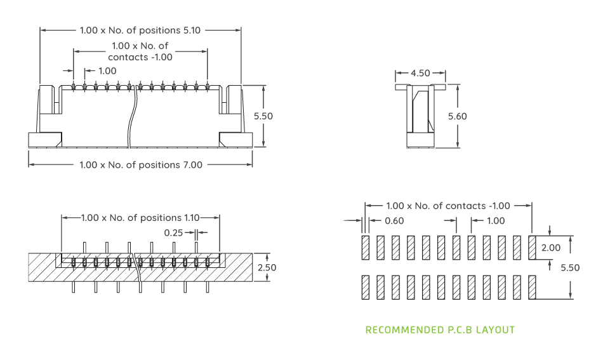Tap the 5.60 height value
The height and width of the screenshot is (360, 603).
[x=457, y=116]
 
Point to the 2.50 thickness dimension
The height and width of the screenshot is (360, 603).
[x=267, y=267]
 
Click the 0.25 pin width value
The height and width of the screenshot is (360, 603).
[x=173, y=233]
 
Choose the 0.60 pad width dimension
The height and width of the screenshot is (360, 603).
[x=394, y=221]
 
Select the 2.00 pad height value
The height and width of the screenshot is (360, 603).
[x=550, y=248]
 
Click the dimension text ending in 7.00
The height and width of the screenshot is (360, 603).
[x=140, y=165]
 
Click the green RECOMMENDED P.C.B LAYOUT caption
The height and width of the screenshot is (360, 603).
[x=440, y=330]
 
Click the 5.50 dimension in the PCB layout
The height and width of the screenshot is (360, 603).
[x=569, y=268]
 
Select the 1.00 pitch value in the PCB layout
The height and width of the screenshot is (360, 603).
[x=495, y=221]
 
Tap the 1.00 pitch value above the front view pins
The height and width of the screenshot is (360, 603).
[x=107, y=70]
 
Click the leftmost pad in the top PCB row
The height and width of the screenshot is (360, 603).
[x=365, y=248]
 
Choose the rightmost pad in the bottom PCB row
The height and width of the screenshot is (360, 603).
[x=533, y=287]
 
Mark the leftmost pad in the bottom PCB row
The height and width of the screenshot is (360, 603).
[x=365, y=287]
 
